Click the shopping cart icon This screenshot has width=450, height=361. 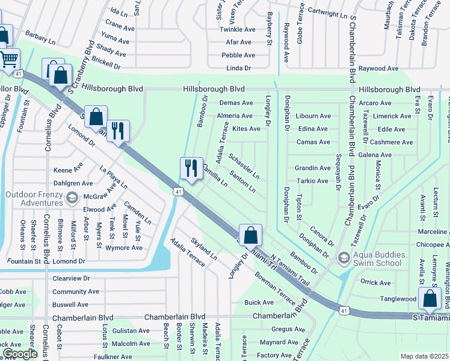[x=8, y=60]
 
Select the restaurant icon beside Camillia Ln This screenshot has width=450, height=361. [x=191, y=168]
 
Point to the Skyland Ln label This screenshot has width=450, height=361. [x=203, y=248]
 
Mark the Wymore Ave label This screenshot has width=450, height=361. [x=123, y=247]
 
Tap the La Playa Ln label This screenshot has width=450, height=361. [x=113, y=177]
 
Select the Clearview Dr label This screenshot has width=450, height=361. [x=71, y=279]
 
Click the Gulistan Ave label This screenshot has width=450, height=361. [x=131, y=330]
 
